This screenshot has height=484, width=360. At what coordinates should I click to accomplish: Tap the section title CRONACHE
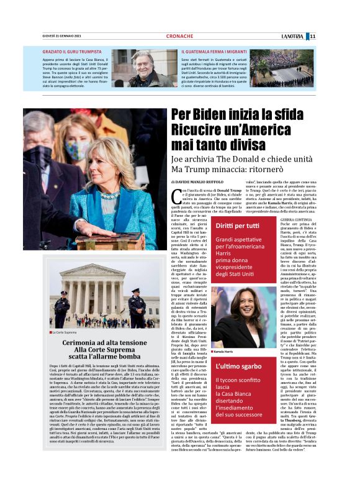[x=179, y=36]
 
